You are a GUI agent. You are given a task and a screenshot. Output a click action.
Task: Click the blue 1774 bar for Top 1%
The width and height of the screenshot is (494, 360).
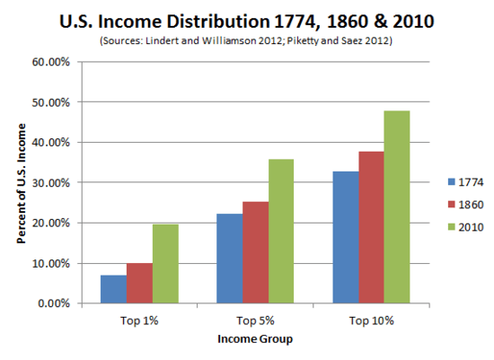[113, 289]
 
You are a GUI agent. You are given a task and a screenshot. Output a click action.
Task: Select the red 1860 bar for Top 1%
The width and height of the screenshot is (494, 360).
[139, 283]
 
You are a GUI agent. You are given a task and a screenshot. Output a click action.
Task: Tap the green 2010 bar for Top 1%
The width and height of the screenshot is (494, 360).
[165, 263]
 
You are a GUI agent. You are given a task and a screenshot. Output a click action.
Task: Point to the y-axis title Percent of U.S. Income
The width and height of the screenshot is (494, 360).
[21, 183]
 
